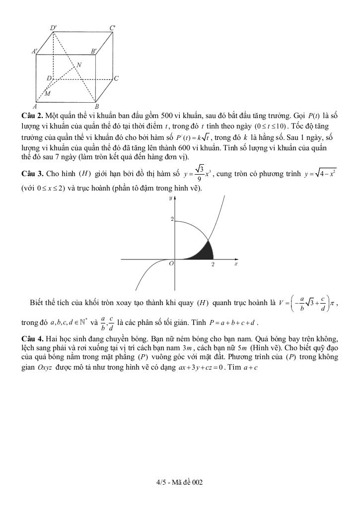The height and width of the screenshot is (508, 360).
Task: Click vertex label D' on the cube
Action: pos(53,28)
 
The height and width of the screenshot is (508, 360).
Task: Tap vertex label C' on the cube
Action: pos(113,28)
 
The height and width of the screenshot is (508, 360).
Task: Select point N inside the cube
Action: pos(78,64)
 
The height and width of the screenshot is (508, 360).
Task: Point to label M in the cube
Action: pos(48,93)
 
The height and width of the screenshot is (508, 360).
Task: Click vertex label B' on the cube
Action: pos(93,51)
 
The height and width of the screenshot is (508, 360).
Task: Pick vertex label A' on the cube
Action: pos(35,51)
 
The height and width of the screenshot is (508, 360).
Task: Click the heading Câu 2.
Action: pos(31,115)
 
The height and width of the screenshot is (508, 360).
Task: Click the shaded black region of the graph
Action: pos(206,251)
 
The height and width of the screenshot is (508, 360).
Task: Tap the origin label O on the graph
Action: pos(171,264)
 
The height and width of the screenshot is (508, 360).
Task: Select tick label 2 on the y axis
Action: pos(172,219)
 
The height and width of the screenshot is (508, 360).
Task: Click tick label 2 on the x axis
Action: pos(213,264)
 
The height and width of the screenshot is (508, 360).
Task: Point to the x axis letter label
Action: pos(236,264)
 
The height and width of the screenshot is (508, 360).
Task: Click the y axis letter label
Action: pos(170,198)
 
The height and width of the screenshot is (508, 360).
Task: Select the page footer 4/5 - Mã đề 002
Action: pos(179,482)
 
